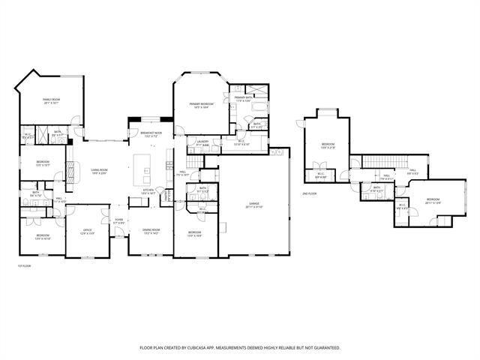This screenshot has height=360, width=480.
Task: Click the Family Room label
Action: point(51,100)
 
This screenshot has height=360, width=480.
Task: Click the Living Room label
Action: point(100,172)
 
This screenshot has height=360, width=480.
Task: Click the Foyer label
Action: point(118,221)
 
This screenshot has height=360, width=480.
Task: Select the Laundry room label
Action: point(202,142)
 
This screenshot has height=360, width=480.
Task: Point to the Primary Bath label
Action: point(243,98)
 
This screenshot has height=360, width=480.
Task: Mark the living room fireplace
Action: point(72,172)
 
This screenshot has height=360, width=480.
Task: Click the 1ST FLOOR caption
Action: point(24,265)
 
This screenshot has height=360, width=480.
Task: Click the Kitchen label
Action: point(148,190)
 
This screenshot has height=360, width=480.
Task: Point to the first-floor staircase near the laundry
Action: point(194,160)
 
